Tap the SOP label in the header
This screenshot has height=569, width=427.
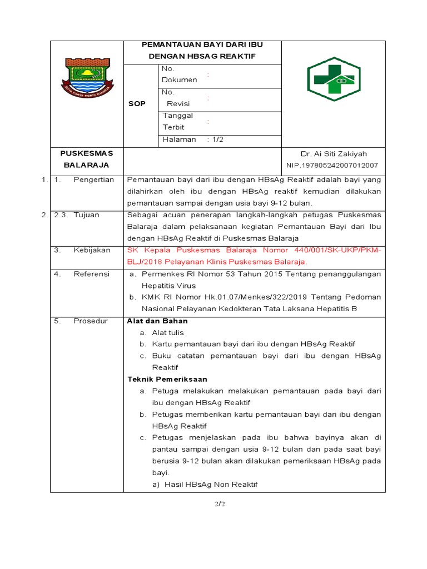click(137, 104)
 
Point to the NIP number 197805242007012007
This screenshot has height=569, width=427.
click(332, 165)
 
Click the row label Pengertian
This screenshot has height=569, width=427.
click(93, 179)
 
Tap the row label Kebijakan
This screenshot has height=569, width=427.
click(92, 251)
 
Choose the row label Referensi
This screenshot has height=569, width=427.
click(91, 274)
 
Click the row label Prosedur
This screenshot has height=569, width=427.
click(90, 321)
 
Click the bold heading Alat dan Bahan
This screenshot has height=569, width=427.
click(157, 321)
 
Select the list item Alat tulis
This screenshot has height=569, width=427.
click(167, 332)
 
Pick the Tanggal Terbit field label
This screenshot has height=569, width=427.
click(177, 121)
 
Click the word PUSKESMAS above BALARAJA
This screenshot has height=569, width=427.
click(86, 153)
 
